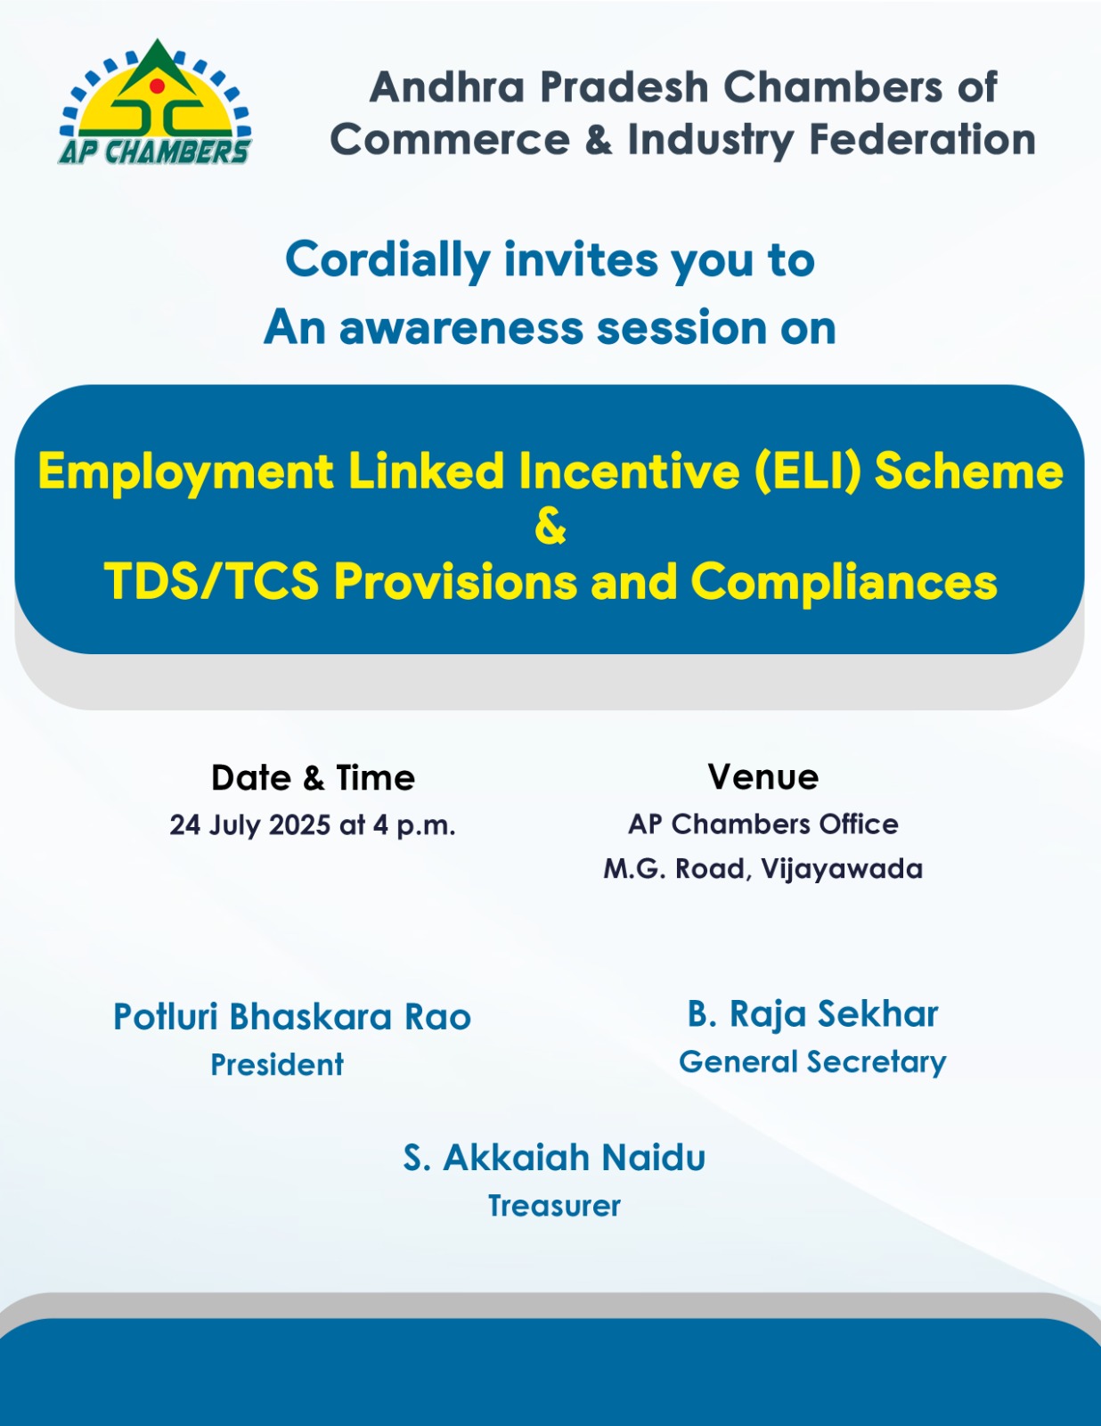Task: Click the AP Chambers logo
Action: click(x=155, y=101)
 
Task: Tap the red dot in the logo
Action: click(x=157, y=86)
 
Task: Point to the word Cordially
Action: click(x=387, y=261)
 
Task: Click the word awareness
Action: click(x=461, y=327)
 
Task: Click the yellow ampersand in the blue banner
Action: click(x=550, y=527)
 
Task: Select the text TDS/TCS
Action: click(x=211, y=581)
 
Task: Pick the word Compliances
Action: click(x=844, y=582)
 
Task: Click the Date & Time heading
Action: click(x=313, y=778)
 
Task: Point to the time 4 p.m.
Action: click(x=414, y=826)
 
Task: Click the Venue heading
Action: click(x=763, y=777)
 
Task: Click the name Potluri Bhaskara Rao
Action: click(x=292, y=1017)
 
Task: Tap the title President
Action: click(x=277, y=1064)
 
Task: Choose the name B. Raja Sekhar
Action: click(x=812, y=1014)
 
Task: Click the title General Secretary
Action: click(x=812, y=1062)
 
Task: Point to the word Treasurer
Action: click(x=554, y=1206)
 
